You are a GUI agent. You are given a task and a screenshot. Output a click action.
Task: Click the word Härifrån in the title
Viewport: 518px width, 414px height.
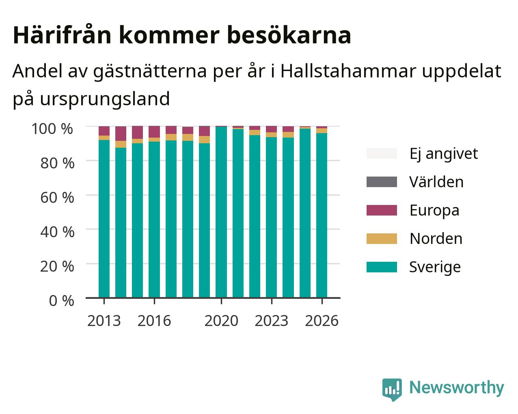click(62, 35)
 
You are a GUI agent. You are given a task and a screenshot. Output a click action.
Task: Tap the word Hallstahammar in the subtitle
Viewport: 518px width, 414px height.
click(348, 71)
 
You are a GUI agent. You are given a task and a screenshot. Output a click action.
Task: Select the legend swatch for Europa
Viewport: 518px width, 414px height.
click(382, 210)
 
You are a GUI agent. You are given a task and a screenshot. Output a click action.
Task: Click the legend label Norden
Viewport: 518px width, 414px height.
click(436, 239)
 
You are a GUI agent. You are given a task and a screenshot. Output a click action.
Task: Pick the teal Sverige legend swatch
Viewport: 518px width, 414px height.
click(382, 267)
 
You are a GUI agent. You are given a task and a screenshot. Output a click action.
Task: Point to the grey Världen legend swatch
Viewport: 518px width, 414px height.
click(382, 182)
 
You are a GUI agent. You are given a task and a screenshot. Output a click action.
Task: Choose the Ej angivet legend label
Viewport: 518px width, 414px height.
click(444, 154)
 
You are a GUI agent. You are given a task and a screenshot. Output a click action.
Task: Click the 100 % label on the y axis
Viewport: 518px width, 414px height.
click(52, 129)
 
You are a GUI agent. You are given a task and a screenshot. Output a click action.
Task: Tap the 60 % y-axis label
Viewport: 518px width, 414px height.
click(57, 198)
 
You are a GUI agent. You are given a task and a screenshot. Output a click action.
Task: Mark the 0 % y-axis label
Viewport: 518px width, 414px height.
click(61, 301)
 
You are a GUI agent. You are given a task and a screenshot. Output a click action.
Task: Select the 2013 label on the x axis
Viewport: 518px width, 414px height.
click(104, 321)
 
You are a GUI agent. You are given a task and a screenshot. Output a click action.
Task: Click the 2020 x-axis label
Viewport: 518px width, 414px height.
click(221, 321)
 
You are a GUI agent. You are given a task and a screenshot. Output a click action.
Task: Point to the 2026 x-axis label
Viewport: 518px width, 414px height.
click(322, 321)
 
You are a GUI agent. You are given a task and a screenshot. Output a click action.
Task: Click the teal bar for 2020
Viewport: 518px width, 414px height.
click(221, 212)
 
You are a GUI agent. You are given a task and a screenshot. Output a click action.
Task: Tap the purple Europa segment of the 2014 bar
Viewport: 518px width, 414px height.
click(121, 134)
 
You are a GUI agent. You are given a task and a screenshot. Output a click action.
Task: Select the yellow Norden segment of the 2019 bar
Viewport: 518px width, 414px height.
click(204, 140)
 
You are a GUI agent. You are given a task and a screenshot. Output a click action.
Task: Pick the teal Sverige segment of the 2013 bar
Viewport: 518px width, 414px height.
click(104, 219)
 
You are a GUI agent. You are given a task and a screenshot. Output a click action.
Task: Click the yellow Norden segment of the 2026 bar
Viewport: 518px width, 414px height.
click(322, 131)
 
